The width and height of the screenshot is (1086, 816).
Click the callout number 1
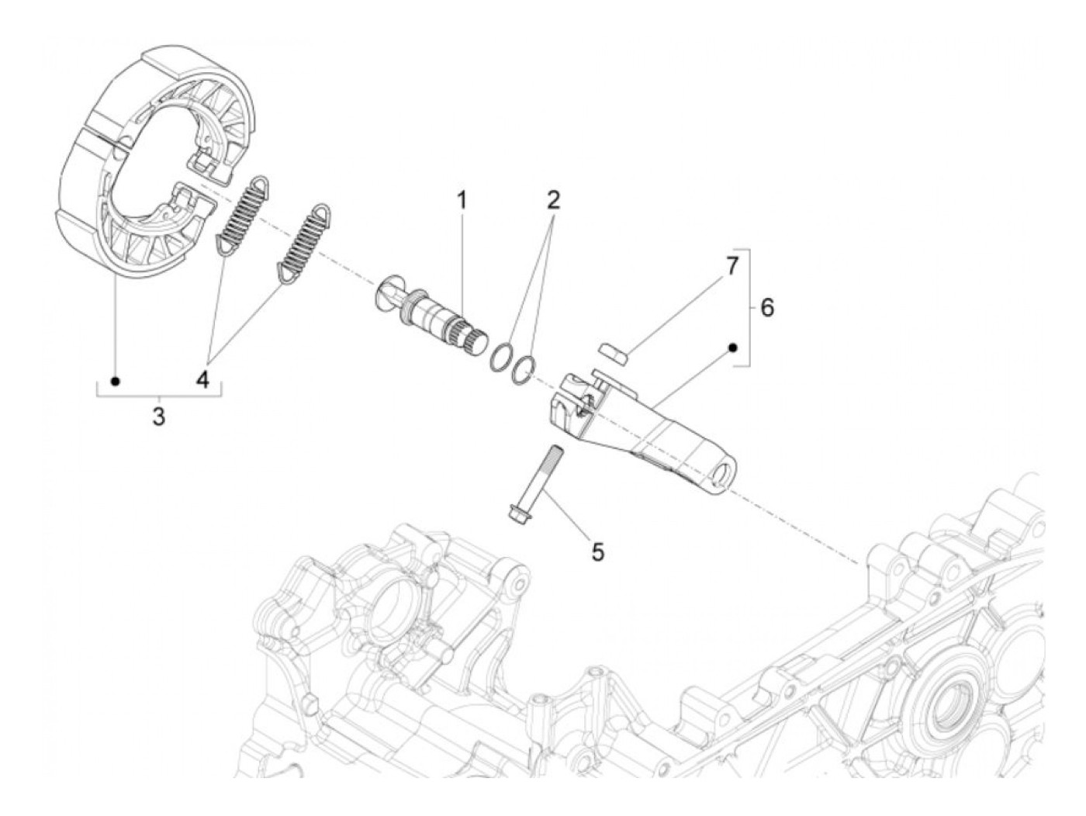462,201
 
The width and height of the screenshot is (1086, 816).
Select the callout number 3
158,417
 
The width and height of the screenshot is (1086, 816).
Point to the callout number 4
202,379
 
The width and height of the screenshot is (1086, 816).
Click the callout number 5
597,551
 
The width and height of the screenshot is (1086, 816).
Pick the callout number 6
766,307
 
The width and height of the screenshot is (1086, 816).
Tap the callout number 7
729,266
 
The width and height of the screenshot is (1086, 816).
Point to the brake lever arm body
659,434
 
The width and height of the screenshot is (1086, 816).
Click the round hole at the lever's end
728,475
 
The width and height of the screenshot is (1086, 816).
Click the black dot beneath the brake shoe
116,381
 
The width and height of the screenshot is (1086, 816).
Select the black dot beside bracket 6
731,348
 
